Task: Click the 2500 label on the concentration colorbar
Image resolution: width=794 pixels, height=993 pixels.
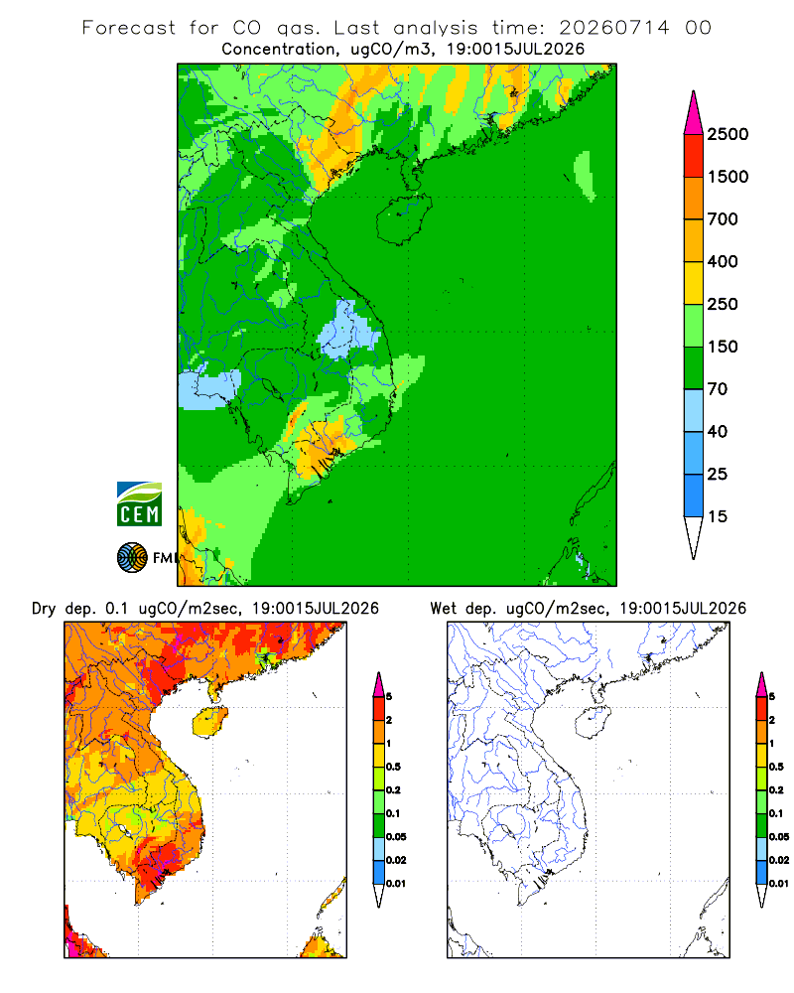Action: point(728,134)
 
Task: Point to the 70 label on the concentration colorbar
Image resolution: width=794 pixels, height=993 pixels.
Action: point(718,389)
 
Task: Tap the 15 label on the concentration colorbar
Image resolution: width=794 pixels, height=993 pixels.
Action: point(718,516)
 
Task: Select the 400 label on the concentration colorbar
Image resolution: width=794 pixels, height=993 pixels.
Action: point(723,261)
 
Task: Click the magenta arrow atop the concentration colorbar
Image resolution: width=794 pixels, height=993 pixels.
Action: point(694,114)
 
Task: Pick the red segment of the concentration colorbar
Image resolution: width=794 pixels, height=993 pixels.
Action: point(694,156)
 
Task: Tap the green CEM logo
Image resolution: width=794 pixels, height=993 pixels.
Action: point(139,504)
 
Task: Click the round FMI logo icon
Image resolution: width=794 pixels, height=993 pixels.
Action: point(132,557)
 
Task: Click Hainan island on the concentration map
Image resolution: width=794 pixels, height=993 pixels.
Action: point(403,219)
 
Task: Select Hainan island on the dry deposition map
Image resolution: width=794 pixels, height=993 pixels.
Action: point(209,722)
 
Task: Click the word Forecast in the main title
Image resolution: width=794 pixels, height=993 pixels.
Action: point(129,28)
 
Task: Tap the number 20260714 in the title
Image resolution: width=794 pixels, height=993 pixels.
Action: point(614,28)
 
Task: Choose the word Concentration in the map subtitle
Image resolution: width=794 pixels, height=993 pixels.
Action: point(279,50)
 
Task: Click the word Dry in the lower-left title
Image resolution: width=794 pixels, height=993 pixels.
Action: point(44,609)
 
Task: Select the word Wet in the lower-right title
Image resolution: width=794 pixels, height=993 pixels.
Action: point(443,609)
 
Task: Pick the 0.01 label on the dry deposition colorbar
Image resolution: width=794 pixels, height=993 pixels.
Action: point(396,884)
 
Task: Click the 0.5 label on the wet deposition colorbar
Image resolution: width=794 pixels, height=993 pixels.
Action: point(775,767)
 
